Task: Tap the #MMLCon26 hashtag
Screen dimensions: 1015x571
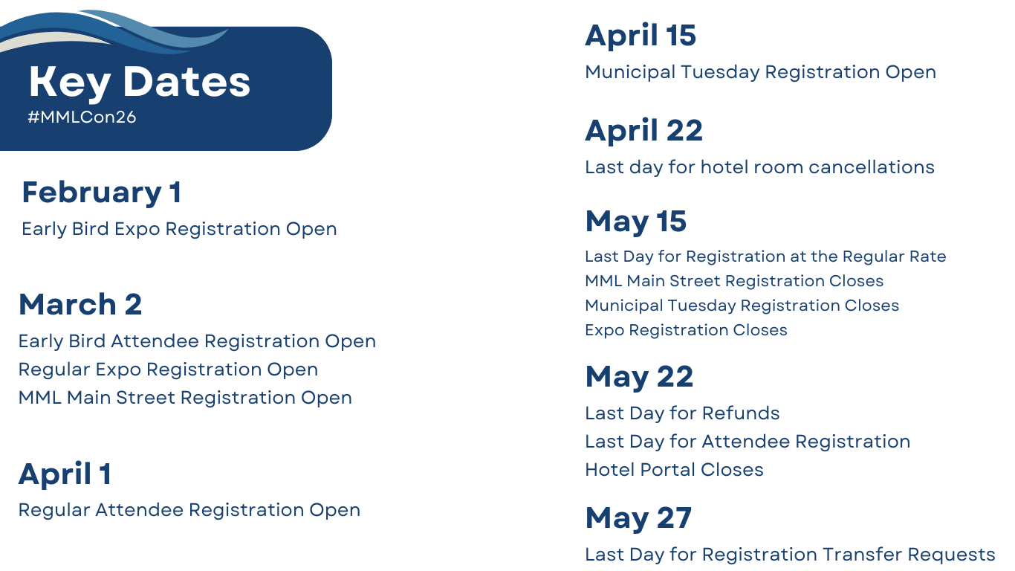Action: pos(82,117)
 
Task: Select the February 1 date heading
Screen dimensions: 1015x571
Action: pos(102,193)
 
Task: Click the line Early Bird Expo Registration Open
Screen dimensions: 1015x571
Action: pos(179,229)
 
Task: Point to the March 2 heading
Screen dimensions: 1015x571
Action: pos(80,304)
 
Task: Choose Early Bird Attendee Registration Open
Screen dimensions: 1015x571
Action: pos(197,341)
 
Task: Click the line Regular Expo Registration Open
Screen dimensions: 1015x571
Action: pos(168,370)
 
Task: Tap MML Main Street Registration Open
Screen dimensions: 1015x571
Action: pos(185,398)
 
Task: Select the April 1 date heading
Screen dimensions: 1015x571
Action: pos(65,474)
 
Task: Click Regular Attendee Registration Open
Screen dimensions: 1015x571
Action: pos(189,510)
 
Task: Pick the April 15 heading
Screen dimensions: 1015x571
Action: pos(641,36)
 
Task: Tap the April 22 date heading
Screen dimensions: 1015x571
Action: pos(644,131)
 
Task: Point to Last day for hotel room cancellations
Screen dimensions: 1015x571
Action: pos(759,167)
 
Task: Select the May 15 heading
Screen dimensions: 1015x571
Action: pos(636,222)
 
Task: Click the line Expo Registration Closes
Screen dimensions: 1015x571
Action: pos(686,330)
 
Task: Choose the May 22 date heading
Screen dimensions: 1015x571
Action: pos(639,377)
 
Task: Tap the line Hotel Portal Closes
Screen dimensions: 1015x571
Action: pos(674,470)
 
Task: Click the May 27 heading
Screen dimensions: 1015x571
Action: pos(638,518)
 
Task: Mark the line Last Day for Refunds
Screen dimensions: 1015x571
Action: pos(682,413)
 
